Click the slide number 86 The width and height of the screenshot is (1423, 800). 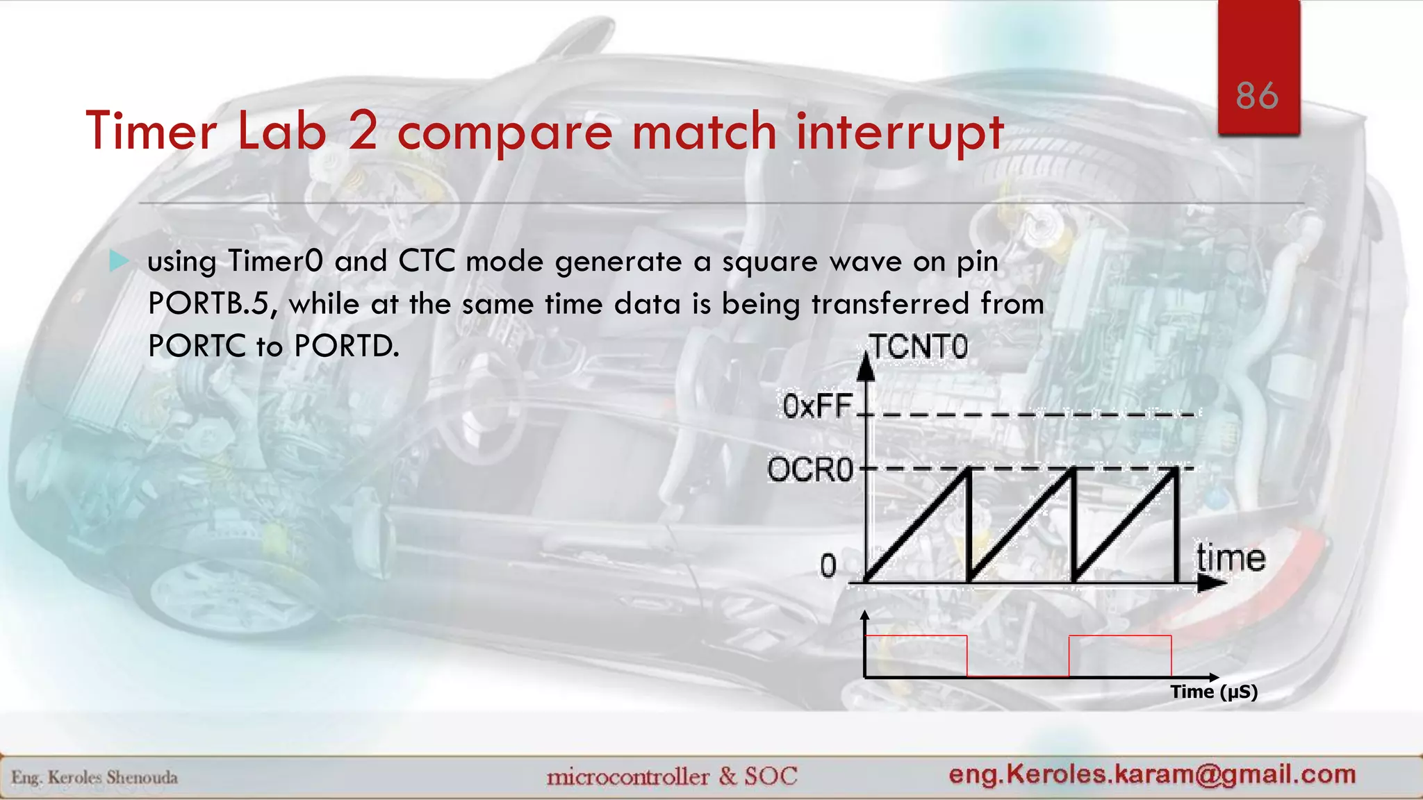[1257, 96]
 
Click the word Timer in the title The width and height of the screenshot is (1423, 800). [151, 131]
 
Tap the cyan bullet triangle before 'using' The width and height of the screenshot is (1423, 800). [120, 262]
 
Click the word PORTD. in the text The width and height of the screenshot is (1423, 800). [347, 346]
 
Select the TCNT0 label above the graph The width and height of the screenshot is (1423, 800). [919, 347]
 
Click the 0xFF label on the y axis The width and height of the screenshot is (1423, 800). [817, 406]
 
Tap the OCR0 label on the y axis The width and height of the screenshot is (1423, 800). [810, 470]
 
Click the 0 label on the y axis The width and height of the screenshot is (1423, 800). [828, 566]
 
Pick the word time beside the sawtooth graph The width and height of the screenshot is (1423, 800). [1231, 558]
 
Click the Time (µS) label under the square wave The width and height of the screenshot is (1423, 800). [1214, 692]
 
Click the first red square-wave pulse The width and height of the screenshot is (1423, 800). [916, 655]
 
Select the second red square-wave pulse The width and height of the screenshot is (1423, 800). [1120, 655]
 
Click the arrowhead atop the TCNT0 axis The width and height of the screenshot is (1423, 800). [866, 367]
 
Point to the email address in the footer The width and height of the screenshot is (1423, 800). [1152, 774]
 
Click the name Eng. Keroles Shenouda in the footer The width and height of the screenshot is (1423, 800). [94, 777]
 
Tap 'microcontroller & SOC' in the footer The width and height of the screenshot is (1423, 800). [672, 776]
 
